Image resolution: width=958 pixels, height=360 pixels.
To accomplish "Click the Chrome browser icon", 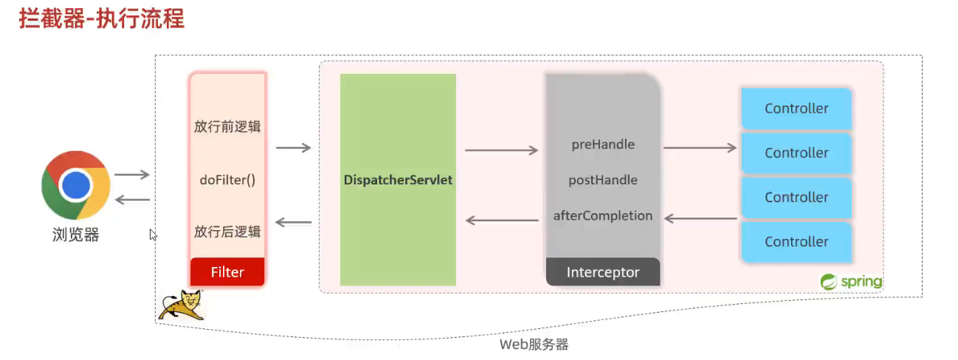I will tap(76, 186).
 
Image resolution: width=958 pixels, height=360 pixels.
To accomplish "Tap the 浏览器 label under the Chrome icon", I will tap(75, 235).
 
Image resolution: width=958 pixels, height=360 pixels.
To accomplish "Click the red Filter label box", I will tap(227, 271).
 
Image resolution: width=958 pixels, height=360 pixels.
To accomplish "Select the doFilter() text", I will tap(227, 179).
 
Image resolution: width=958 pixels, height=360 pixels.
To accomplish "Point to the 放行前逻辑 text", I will tap(227, 126).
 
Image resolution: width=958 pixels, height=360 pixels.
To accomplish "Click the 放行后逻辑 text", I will tap(227, 232).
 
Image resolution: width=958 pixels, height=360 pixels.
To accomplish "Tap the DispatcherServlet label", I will tap(398, 179).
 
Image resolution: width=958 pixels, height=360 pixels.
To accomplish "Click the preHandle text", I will tap(603, 144).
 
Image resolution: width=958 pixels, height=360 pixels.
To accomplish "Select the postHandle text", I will tap(603, 180).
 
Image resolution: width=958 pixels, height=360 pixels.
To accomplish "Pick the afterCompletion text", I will tap(603, 216).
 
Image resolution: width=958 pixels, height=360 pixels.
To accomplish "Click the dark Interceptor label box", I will tap(603, 271).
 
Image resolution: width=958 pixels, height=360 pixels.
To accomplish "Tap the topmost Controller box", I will tap(796, 108).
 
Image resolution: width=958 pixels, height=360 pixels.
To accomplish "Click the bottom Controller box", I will tap(796, 242).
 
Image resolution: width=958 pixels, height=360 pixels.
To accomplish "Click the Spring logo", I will tap(851, 281).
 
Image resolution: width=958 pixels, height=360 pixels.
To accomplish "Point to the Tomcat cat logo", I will tap(181, 305).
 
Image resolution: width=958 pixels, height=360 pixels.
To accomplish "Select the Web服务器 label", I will tap(534, 345).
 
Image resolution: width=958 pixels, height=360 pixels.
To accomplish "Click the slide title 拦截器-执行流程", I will tap(101, 18).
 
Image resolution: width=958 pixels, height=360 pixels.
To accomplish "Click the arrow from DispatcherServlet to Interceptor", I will tap(501, 150).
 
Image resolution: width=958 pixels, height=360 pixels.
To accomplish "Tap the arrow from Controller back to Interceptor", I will tap(700, 218).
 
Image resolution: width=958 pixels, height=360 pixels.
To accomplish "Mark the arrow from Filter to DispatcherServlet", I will tap(293, 148).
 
